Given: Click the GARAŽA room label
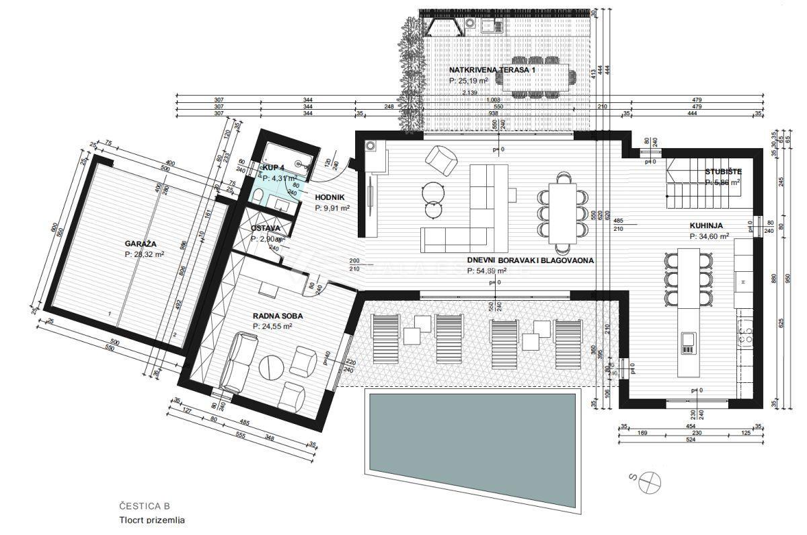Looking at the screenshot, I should point(141,244).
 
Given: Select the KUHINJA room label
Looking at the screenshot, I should point(709,225).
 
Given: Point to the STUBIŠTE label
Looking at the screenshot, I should point(722,171).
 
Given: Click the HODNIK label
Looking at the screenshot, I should point(330,197).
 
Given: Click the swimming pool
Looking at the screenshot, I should point(471,431).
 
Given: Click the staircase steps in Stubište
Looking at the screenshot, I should point(693,195).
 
